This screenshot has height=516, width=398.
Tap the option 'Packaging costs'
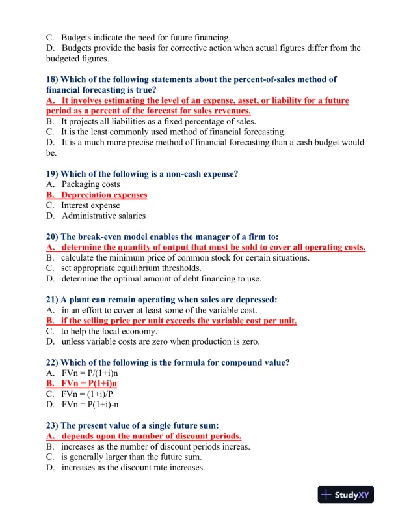tap(90, 184)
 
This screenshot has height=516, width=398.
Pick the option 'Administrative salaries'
tap(103, 216)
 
